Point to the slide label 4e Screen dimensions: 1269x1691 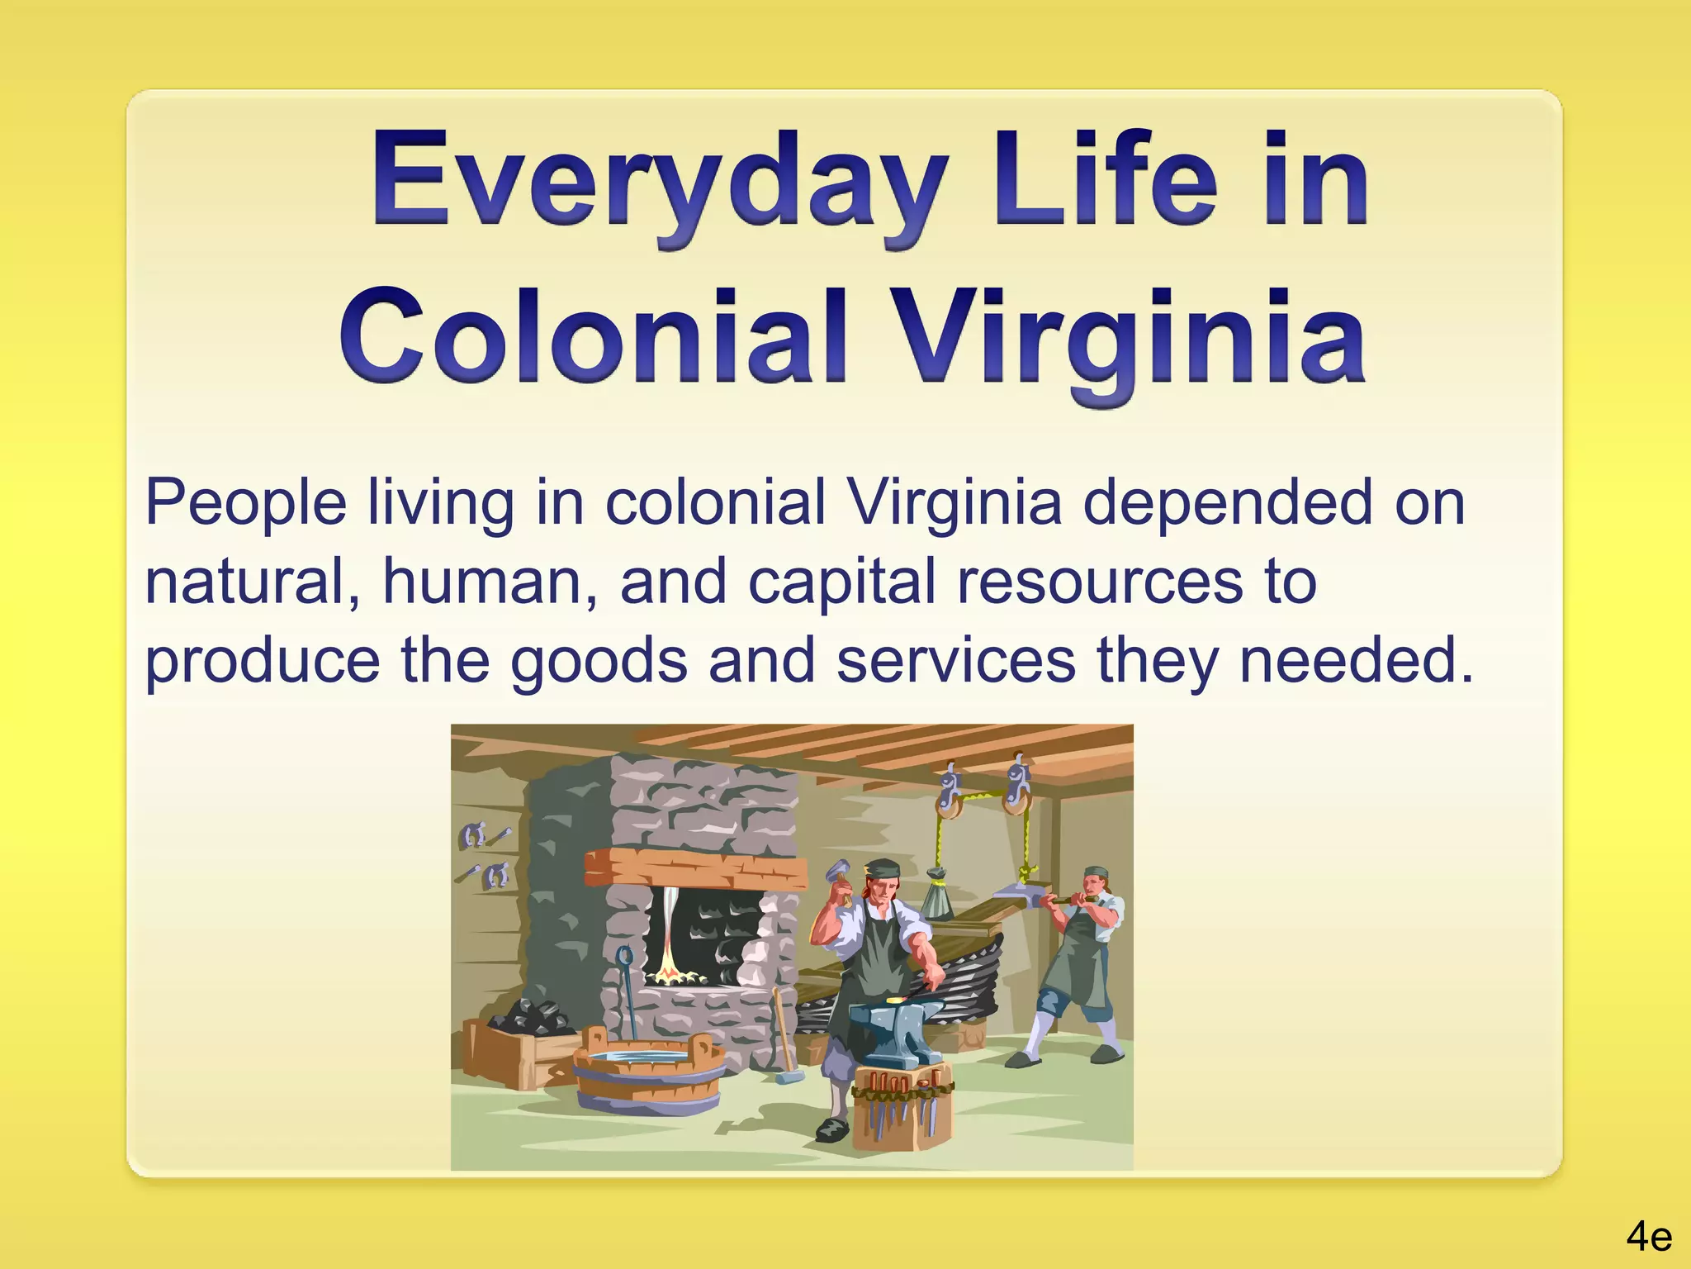click(x=1648, y=1237)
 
